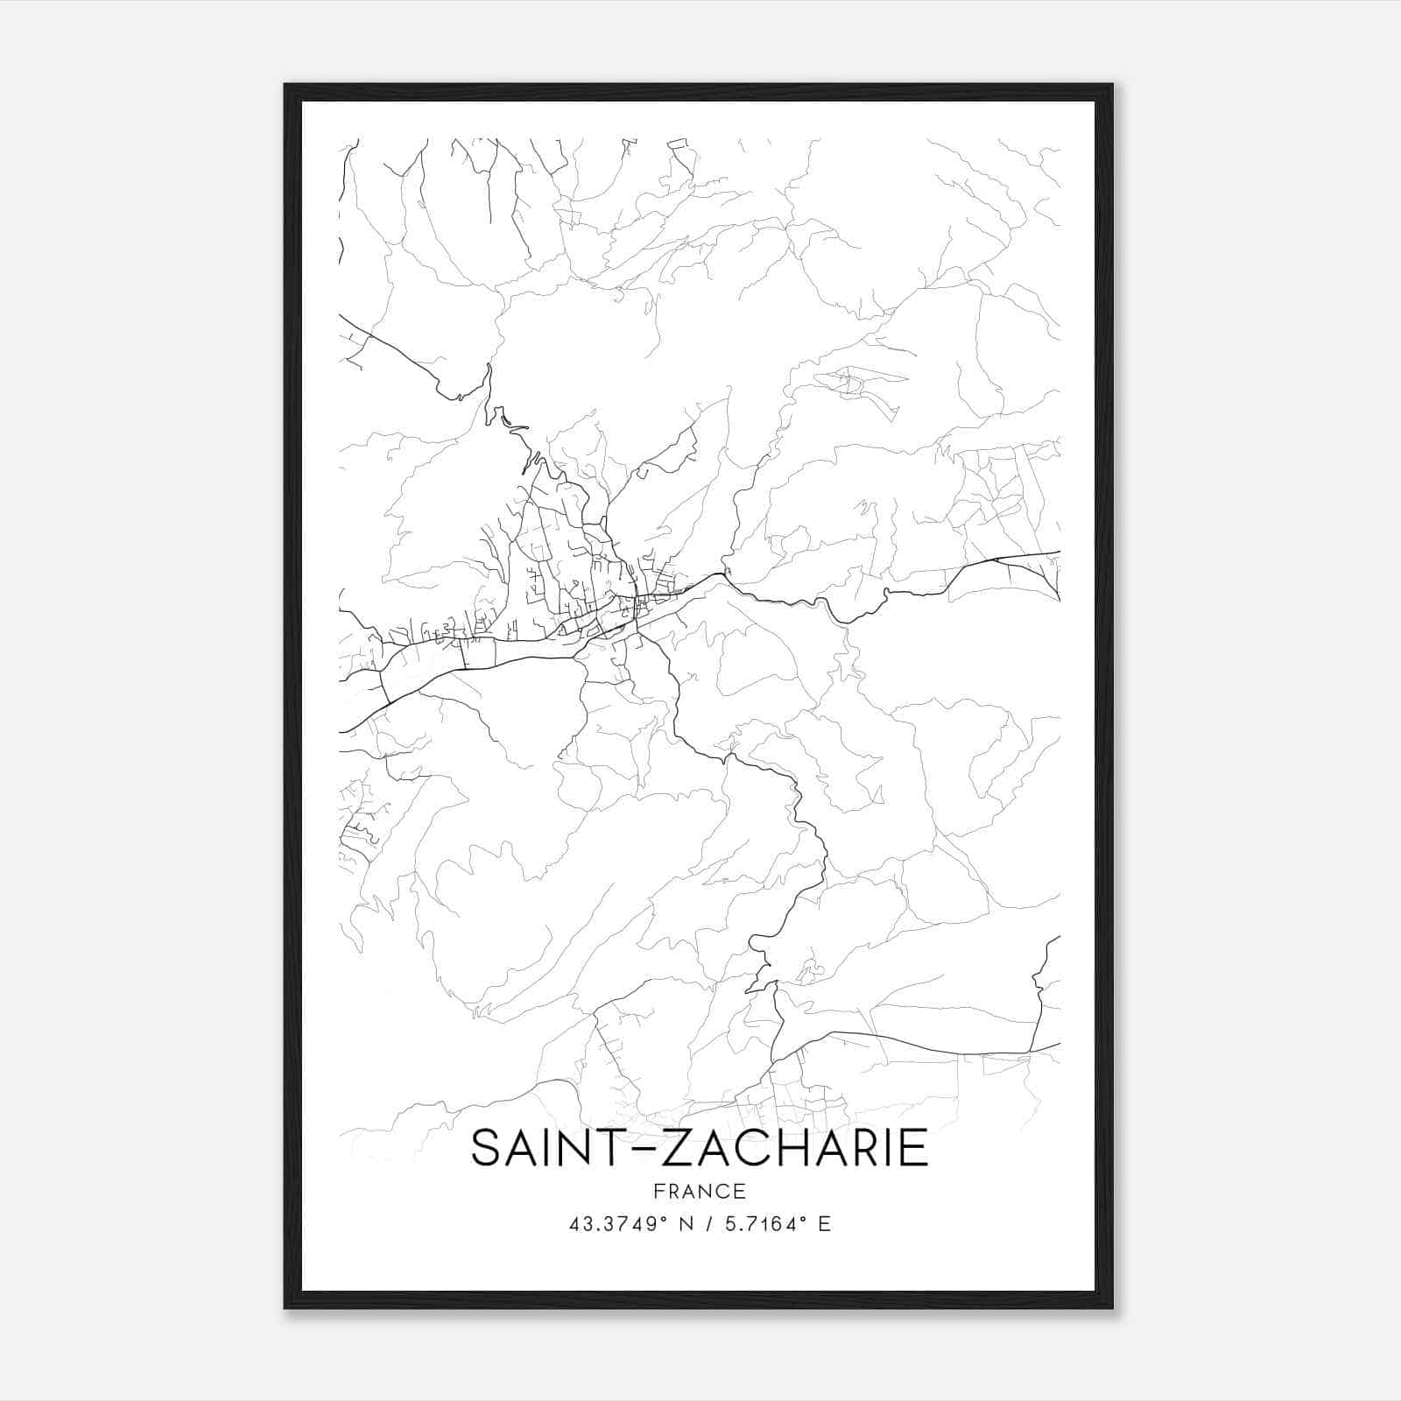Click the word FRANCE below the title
700,1191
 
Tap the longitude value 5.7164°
761,1224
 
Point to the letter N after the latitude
686,1224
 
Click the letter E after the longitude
824,1224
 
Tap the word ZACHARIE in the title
793,1148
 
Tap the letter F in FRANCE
658,1191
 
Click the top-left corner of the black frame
285,86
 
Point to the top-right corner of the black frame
1111,86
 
